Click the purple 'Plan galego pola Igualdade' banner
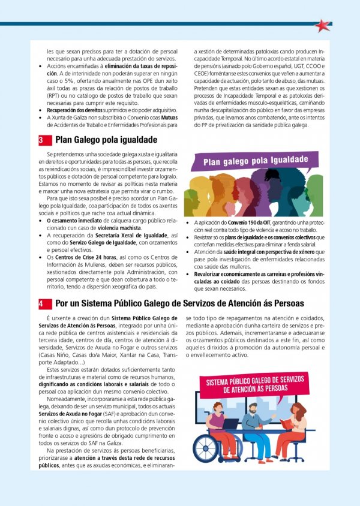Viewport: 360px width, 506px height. click(256, 161)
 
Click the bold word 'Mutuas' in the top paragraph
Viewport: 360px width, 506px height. click(169, 118)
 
